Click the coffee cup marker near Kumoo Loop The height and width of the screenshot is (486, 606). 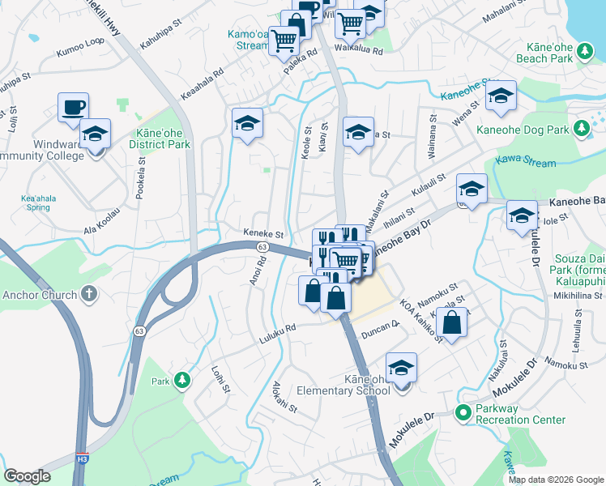pyautogui.click(x=73, y=107)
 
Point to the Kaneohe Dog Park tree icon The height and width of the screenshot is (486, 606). pyautogui.click(x=580, y=129)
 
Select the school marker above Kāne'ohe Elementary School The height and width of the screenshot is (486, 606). pyautogui.click(x=401, y=368)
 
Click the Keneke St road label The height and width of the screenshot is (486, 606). pyautogui.click(x=263, y=232)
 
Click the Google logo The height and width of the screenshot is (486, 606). pyautogui.click(x=27, y=475)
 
